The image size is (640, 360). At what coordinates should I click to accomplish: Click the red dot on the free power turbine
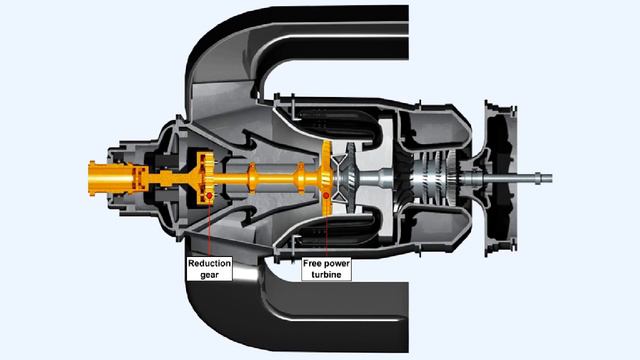click(x=326, y=194)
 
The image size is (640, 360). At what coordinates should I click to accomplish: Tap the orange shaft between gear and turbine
click(x=265, y=179)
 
